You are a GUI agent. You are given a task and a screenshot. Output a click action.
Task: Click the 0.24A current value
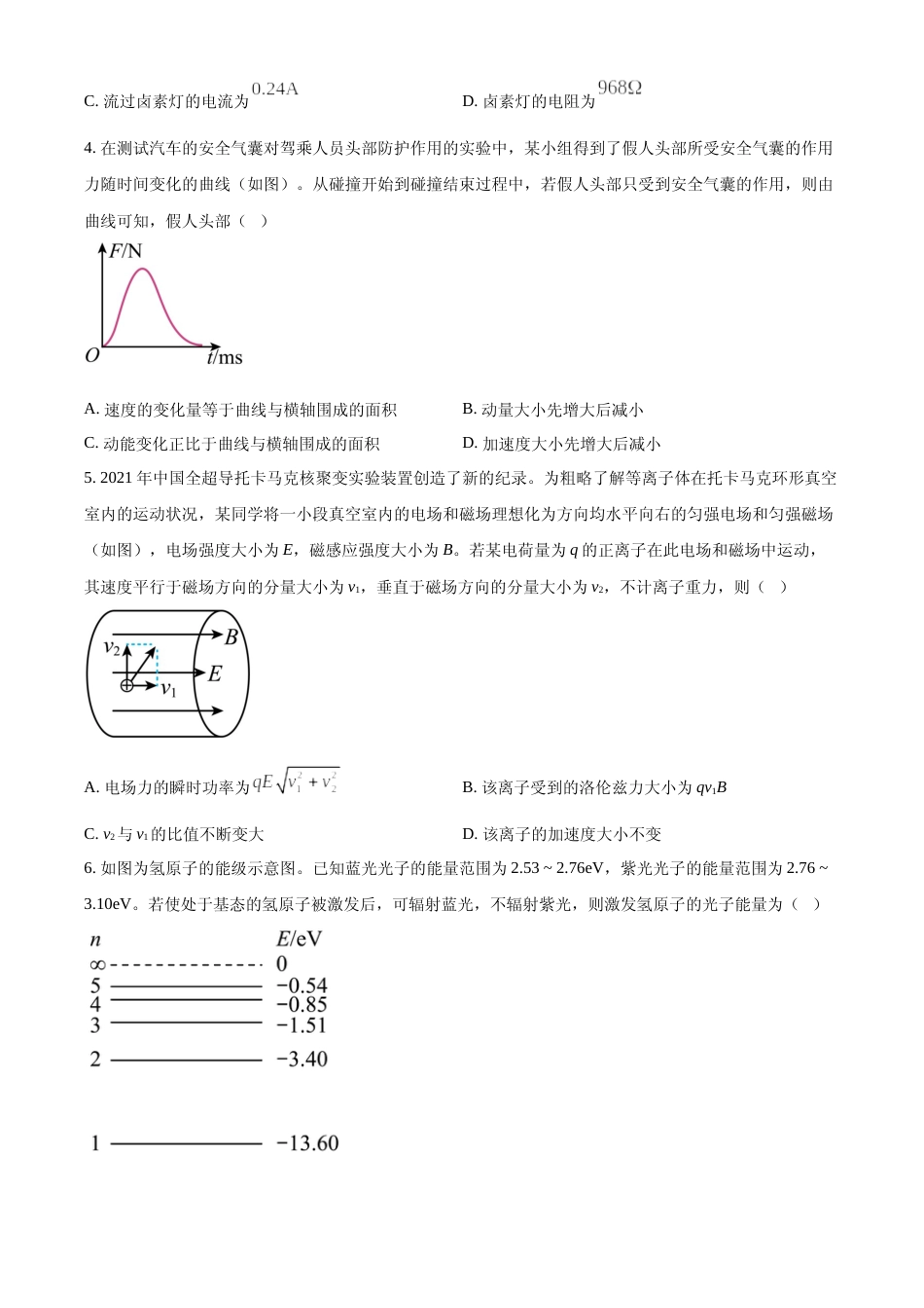click(x=274, y=90)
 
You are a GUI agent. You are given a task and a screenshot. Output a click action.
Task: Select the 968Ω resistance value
click(x=620, y=89)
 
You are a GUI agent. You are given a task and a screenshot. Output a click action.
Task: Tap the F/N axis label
click(x=125, y=251)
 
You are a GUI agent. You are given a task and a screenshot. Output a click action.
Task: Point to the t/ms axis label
click(x=225, y=357)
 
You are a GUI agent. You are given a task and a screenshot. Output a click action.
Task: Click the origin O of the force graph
click(x=92, y=355)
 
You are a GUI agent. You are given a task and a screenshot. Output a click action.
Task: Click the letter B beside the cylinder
click(x=231, y=637)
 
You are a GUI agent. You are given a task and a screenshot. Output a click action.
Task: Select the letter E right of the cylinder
click(x=215, y=673)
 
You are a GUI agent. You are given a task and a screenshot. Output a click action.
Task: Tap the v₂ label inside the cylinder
click(x=112, y=647)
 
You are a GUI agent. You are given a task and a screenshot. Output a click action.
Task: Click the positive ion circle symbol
click(x=126, y=686)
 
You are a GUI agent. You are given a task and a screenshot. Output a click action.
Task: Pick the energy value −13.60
click(x=307, y=1144)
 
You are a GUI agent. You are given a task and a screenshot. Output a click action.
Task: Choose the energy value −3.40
click(x=302, y=1059)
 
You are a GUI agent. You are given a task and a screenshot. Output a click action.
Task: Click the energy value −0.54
click(x=302, y=986)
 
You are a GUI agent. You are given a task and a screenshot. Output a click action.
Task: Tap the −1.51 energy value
click(x=302, y=1025)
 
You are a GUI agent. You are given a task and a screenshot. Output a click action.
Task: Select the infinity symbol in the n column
click(x=96, y=964)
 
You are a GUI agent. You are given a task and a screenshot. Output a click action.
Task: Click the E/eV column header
click(x=299, y=939)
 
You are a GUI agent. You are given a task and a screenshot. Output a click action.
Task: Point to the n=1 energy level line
click(x=186, y=1144)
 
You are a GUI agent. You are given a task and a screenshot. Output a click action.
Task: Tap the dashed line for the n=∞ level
click(x=186, y=964)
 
